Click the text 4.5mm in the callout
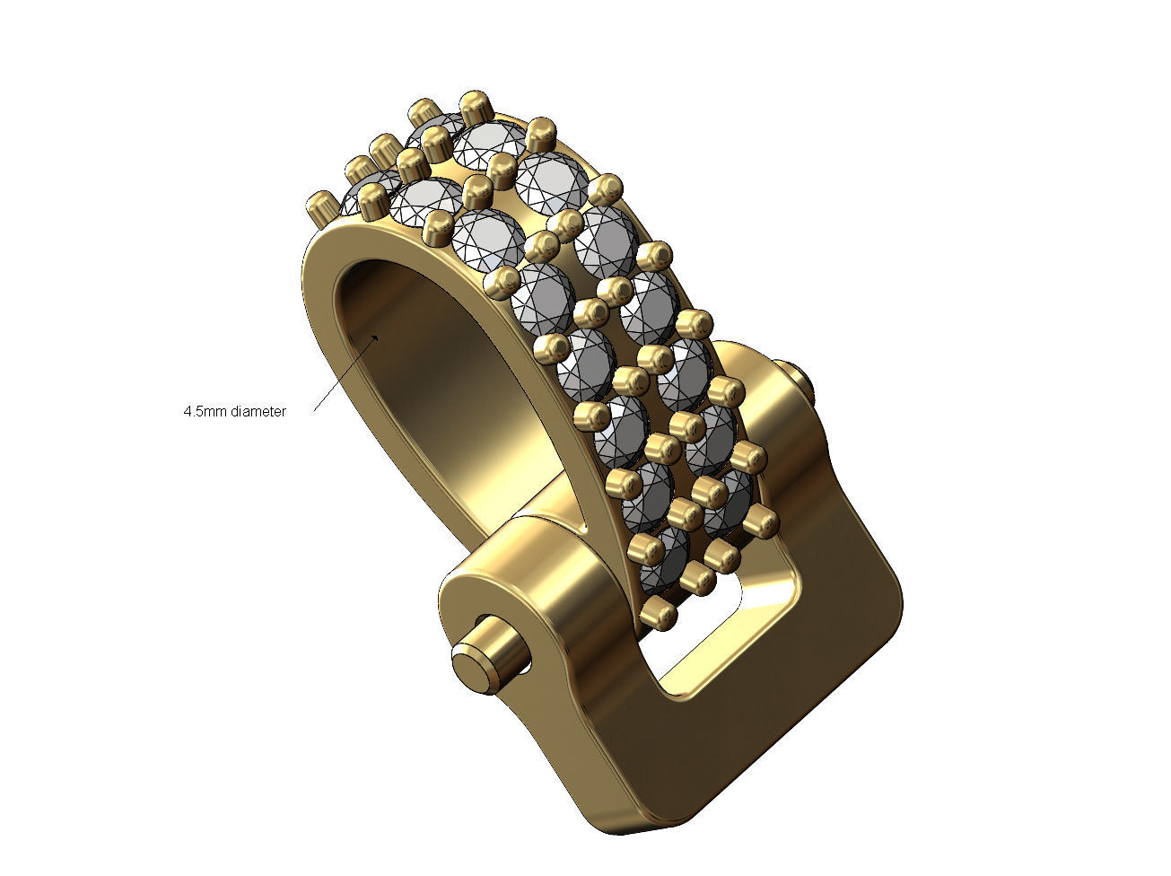click(205, 412)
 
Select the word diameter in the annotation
click(258, 412)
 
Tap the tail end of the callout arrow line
click(314, 408)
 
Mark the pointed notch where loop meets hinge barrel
click(588, 530)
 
